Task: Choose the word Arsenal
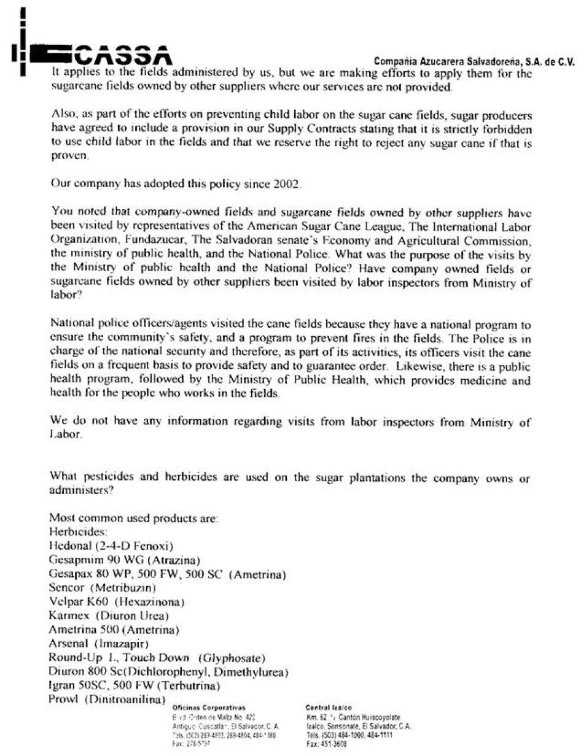coord(69,643)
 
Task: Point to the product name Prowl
coord(63,699)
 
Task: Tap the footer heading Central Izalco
coord(329,708)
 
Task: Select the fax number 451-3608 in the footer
coord(334,743)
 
